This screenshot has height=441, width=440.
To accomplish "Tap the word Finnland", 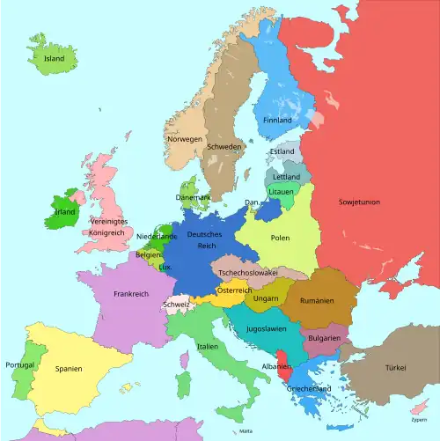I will pyautogui.click(x=277, y=120).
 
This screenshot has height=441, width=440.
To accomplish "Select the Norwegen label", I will pyautogui.click(x=185, y=139).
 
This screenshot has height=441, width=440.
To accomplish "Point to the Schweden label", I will pyautogui.click(x=224, y=147).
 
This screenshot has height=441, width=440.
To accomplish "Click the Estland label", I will pyautogui.click(x=282, y=151).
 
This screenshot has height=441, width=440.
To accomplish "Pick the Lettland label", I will pyautogui.click(x=286, y=177).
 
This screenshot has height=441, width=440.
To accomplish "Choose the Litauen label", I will pyautogui.click(x=282, y=191).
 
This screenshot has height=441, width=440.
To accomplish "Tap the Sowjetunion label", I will pyautogui.click(x=359, y=202).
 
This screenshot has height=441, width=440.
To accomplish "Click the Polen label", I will pyautogui.click(x=280, y=238).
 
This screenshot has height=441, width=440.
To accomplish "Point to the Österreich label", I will pyautogui.click(x=235, y=290).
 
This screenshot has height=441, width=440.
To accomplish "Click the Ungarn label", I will pyautogui.click(x=266, y=298).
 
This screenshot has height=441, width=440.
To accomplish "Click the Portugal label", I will pyautogui.click(x=19, y=364).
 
